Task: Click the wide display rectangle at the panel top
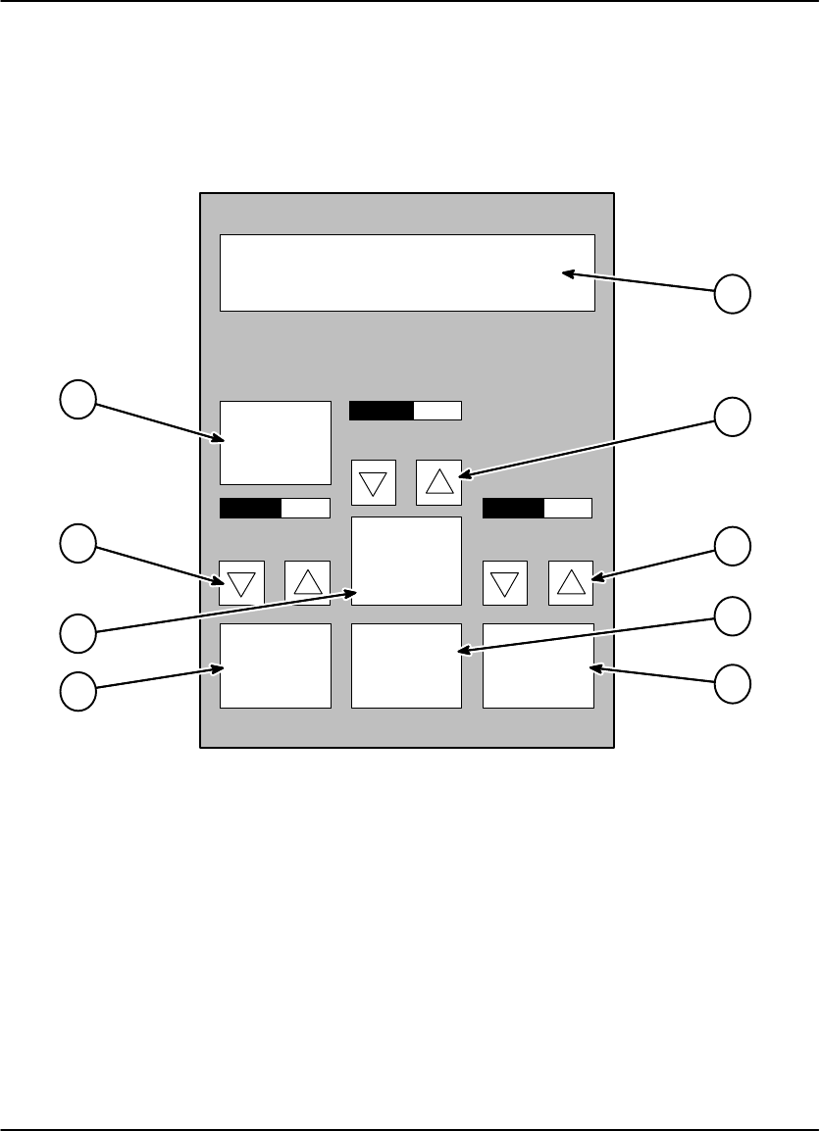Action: [407, 272]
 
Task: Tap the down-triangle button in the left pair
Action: [241, 583]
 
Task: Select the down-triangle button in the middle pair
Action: [373, 482]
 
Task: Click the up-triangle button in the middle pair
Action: [438, 481]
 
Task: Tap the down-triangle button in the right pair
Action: [504, 583]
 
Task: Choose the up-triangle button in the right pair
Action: [570, 583]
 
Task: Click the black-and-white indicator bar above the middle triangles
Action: [405, 410]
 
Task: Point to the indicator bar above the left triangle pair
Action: [275, 508]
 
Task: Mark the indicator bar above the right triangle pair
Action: [538, 508]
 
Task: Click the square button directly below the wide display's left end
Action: [275, 442]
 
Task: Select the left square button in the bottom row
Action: [275, 664]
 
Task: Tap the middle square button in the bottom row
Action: [406, 664]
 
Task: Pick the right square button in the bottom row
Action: [538, 664]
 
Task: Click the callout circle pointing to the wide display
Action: [732, 293]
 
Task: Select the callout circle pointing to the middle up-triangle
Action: [732, 417]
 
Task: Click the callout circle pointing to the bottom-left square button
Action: [77, 690]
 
